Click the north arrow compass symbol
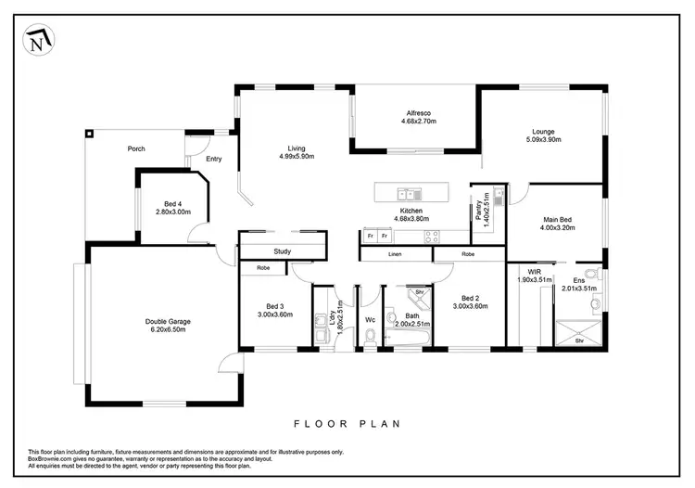pyautogui.click(x=36, y=41)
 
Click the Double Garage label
pyautogui.click(x=168, y=321)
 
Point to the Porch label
pyautogui.click(x=136, y=149)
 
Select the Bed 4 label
pyautogui.click(x=172, y=203)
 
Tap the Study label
pyautogui.click(x=282, y=251)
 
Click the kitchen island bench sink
pyautogui.click(x=409, y=194)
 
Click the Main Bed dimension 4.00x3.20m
pyautogui.click(x=556, y=229)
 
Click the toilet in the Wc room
pyautogui.click(x=370, y=340)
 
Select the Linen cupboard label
pyautogui.click(x=395, y=253)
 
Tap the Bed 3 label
pyautogui.click(x=275, y=305)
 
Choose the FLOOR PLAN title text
pyautogui.click(x=347, y=424)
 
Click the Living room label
pyautogui.click(x=297, y=148)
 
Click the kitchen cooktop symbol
pyautogui.click(x=432, y=236)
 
